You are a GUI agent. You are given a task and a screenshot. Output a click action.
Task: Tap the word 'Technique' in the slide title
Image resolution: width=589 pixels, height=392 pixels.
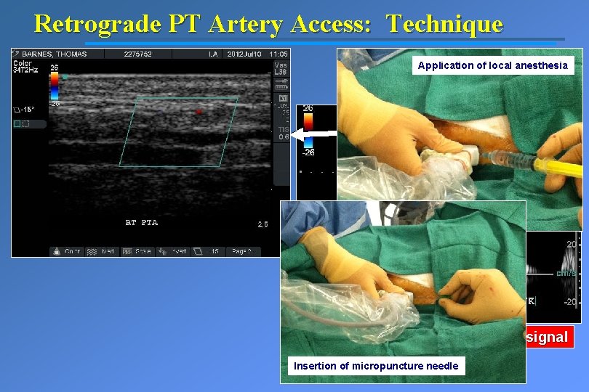pos(444,24)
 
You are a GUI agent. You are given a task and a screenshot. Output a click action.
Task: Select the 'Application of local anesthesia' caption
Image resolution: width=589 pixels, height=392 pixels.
pos(493,66)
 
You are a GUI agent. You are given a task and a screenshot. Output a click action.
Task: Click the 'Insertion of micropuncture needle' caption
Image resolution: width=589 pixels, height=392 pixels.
pos(376,366)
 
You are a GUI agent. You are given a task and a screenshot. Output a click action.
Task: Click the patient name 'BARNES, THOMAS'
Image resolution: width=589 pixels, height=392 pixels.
pos(55,54)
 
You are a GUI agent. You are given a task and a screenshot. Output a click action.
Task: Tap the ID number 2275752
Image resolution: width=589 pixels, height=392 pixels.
pos(137,54)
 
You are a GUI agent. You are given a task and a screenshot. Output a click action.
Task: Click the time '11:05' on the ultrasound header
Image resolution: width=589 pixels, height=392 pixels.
pos(278,54)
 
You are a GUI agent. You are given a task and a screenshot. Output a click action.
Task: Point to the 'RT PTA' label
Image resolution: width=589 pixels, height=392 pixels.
pos(141,222)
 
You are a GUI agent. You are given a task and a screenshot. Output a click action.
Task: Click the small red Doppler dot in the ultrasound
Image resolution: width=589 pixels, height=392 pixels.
pos(197,111)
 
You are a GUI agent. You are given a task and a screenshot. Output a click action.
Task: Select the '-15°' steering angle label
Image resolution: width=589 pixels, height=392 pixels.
pos(27,110)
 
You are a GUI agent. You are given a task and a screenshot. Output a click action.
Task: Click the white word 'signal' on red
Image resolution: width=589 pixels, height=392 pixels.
pos(547,337)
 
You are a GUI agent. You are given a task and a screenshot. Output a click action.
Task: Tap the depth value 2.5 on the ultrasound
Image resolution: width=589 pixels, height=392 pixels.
pos(262,224)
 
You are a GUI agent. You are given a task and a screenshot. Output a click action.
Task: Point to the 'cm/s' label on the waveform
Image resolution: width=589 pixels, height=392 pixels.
pos(566,274)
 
